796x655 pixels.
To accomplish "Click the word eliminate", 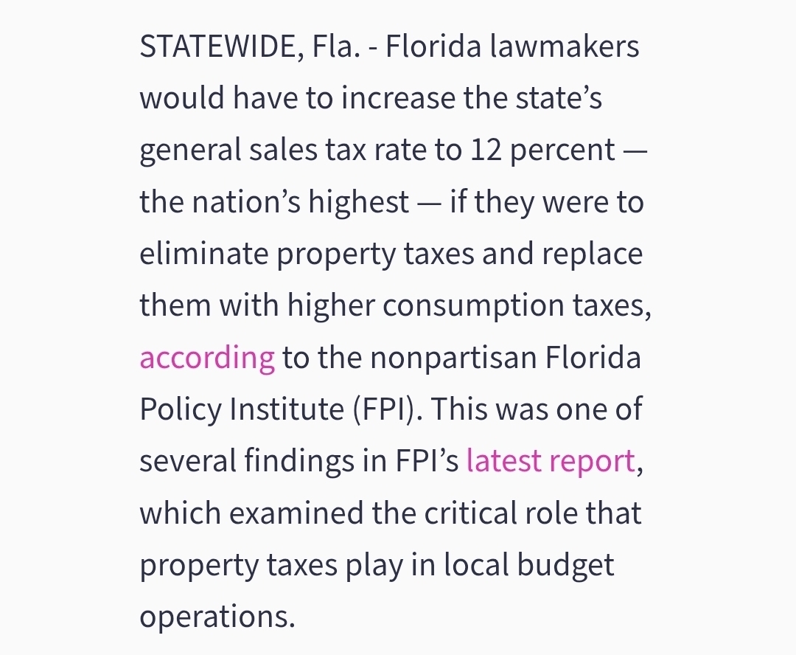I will pyautogui.click(x=203, y=254).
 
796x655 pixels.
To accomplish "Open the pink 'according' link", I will pyautogui.click(x=207, y=358).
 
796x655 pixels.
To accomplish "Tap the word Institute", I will pyautogui.click(x=288, y=410).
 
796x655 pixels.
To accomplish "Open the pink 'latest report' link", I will pyautogui.click(x=551, y=462).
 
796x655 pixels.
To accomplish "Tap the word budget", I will pyautogui.click(x=565, y=565).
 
